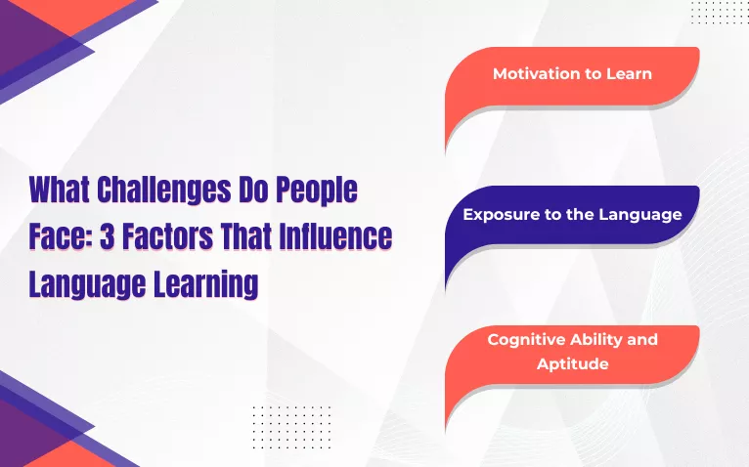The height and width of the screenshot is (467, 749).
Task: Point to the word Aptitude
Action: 572,363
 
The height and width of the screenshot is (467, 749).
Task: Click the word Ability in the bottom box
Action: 606,339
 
